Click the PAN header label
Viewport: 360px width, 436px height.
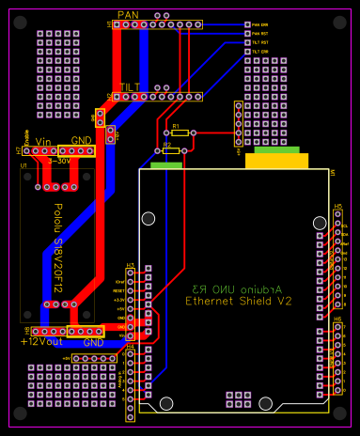click(128, 13)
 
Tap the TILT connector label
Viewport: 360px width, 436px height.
click(128, 86)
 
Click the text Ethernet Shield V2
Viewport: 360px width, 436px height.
click(238, 302)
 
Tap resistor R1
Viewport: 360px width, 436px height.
click(180, 133)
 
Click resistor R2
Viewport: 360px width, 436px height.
click(170, 150)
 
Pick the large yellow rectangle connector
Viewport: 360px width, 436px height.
click(276, 160)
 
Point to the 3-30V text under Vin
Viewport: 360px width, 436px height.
click(59, 160)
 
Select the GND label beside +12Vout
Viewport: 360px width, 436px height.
click(93, 343)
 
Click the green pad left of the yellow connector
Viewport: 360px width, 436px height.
click(166, 165)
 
